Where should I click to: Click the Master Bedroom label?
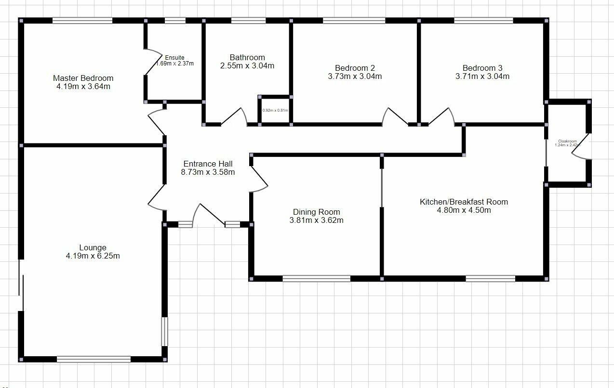tap(83, 78)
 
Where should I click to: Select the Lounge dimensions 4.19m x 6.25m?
tap(93, 256)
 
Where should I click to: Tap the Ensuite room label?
tap(174, 58)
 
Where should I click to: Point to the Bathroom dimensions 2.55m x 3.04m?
tap(247, 66)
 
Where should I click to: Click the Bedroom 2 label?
tap(355, 68)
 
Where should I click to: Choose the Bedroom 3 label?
tap(482, 68)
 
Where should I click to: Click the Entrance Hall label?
tap(208, 164)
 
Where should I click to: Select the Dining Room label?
tap(316, 212)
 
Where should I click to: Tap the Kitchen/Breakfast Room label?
tap(464, 202)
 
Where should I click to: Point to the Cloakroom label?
tap(567, 142)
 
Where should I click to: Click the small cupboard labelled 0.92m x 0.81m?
tap(275, 110)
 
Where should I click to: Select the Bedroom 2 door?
tap(395, 116)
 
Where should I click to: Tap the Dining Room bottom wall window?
tap(316, 278)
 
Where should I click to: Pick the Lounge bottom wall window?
tap(93, 359)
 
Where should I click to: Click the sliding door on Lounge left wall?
tap(21, 285)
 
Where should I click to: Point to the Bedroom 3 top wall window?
tap(483, 21)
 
